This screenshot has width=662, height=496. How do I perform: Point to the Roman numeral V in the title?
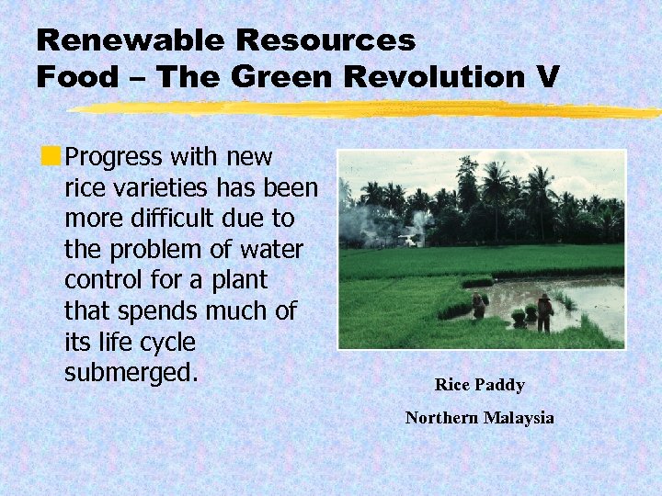(547, 77)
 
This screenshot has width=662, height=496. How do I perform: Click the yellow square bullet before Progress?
(55, 157)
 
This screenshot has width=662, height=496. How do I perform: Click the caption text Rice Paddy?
(479, 385)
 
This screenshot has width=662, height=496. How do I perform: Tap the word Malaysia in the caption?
(519, 418)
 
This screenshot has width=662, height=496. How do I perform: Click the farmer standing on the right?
(545, 312)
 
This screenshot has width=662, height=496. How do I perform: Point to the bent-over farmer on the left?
(479, 306)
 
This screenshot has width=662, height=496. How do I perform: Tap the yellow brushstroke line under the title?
(368, 109)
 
